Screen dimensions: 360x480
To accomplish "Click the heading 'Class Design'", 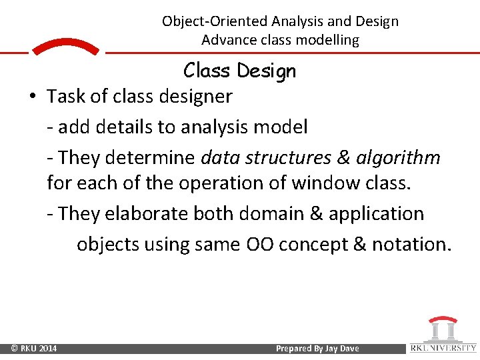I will [239, 71].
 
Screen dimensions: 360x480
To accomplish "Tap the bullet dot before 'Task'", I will [33, 97].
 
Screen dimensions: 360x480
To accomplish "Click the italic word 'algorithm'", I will [398, 157].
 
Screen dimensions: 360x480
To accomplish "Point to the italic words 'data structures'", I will [266, 157].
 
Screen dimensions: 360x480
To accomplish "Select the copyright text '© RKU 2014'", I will [33, 349].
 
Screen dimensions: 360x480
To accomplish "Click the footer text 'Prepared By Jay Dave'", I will [317, 349].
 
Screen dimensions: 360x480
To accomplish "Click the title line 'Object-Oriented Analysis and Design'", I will [280, 21].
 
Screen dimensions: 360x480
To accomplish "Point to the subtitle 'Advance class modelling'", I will [280, 40].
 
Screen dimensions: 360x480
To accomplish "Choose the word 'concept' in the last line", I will [313, 245].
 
